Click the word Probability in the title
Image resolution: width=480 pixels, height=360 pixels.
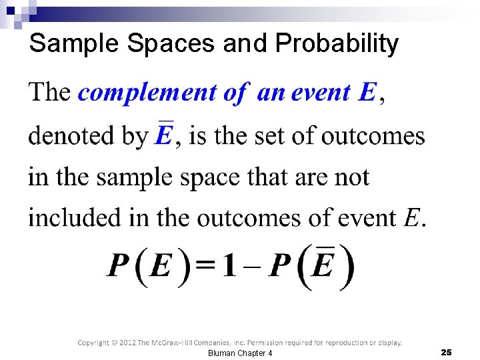coord(337,44)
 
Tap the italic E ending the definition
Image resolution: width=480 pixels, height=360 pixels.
coord(412,218)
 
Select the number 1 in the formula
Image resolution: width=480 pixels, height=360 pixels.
coord(229,267)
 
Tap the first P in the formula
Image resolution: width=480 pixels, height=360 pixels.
coord(119,267)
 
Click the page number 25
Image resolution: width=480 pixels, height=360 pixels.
coord(446,352)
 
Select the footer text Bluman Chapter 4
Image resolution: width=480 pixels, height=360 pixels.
coord(240,353)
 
